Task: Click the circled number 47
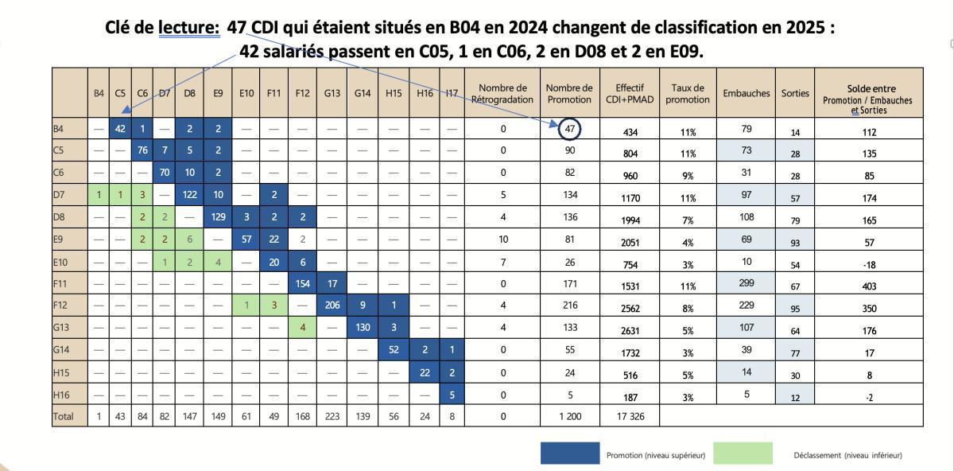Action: tap(569, 129)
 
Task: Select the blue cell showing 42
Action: tap(120, 128)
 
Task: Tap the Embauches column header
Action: tap(747, 93)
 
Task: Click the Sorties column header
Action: tap(795, 93)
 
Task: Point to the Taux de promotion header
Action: tap(688, 93)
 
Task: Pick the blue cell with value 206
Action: tap(332, 306)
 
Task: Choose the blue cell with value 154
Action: tap(302, 283)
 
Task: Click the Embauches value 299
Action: tap(747, 283)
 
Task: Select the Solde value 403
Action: tap(869, 286)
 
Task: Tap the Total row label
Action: tap(63, 416)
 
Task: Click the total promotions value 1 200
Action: tap(570, 416)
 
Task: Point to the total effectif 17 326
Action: tap(630, 416)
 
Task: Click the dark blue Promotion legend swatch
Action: tap(570, 453)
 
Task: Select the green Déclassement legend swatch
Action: tap(743, 453)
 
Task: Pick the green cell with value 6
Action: tap(189, 239)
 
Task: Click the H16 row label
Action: tap(61, 395)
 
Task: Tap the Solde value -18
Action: tap(869, 265)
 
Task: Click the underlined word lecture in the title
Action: tap(189, 28)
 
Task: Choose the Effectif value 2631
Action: tap(630, 331)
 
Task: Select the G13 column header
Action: tap(332, 93)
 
